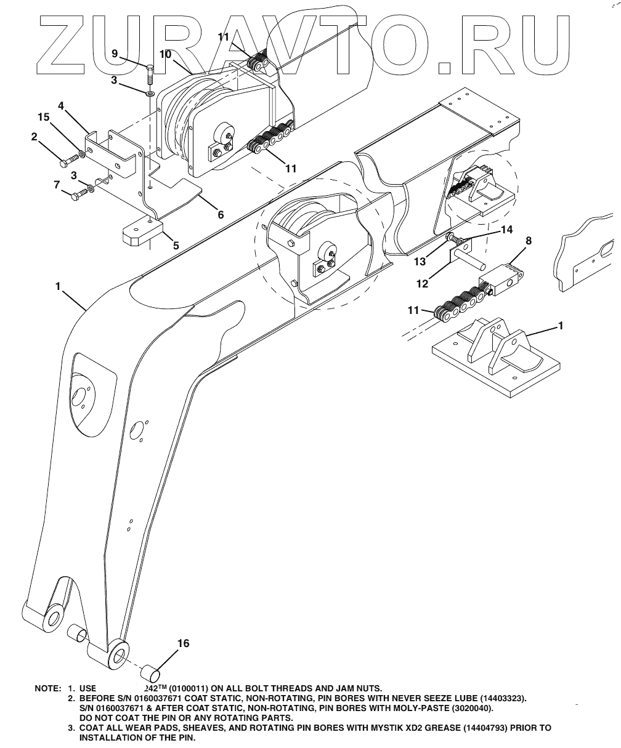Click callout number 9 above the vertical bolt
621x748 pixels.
pos(115,54)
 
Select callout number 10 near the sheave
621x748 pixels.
pos(165,54)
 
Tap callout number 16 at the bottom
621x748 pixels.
pos(183,643)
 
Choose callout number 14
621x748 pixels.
pos(506,230)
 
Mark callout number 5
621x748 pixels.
pos(176,245)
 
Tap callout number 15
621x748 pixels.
pos(43,117)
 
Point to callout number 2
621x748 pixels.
pos(35,137)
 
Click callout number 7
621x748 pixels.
pos(57,183)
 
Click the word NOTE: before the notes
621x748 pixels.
pos(47,688)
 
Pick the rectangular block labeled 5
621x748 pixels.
pos(141,234)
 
